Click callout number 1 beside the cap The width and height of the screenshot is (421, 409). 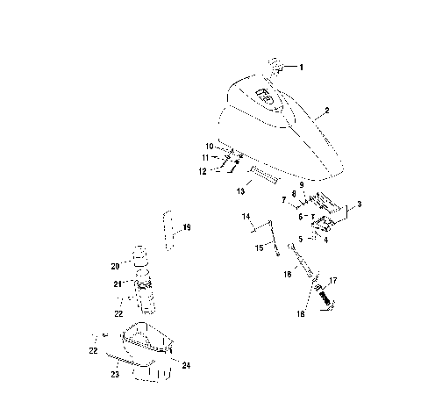[x=304, y=67]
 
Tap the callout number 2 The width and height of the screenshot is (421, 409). [x=326, y=111]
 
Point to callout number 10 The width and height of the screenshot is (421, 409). [x=209, y=145]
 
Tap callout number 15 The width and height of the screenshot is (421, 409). [x=258, y=248]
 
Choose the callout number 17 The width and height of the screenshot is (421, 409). [x=332, y=280]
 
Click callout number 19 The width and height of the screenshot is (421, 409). [x=187, y=227]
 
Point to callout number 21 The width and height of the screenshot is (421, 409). [x=117, y=283]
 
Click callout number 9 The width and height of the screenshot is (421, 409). [x=301, y=184]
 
